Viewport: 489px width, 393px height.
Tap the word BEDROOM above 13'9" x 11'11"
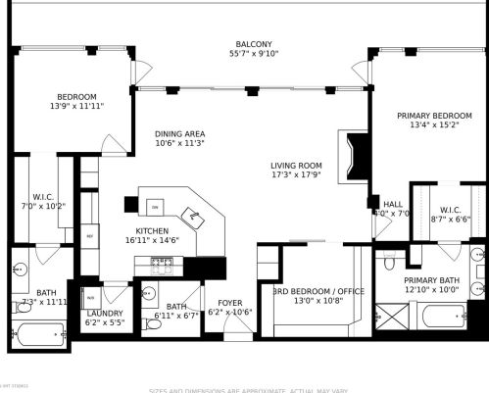[75, 96]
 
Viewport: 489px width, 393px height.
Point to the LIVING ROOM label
[297, 165]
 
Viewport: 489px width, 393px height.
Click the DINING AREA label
[179, 134]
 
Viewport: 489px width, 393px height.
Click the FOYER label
[230, 304]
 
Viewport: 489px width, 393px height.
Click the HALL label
[393, 204]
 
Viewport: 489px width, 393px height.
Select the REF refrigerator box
[90, 236]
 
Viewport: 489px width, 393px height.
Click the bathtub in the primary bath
[441, 317]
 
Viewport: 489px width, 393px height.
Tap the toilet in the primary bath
[389, 264]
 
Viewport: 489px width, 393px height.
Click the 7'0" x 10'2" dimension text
[48, 207]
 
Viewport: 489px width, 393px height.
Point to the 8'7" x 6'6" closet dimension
[451, 220]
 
